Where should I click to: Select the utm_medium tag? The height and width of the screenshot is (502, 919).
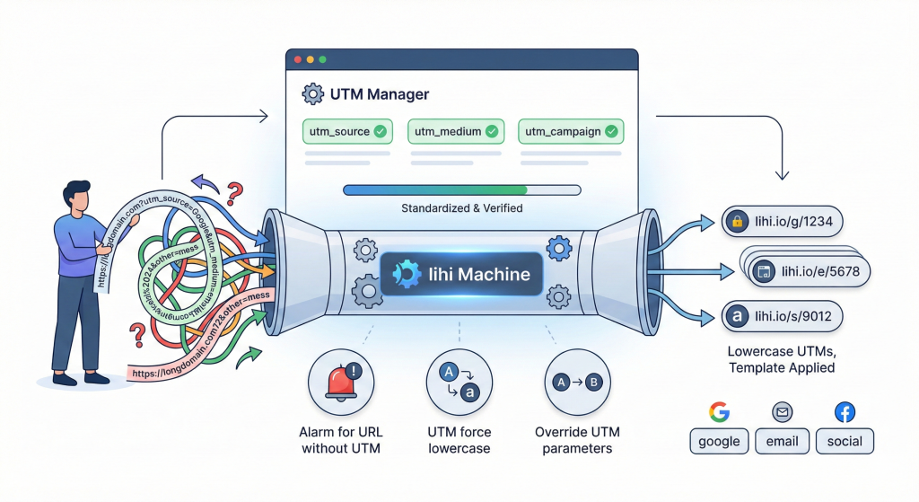tap(455, 131)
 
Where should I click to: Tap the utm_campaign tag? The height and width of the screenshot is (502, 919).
tap(572, 131)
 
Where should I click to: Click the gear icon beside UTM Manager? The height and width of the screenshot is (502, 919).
tap(313, 93)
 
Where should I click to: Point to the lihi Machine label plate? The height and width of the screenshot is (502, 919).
tap(461, 275)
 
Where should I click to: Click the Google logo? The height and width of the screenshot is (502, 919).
tap(719, 412)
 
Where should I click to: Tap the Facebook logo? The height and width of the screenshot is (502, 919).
tap(845, 412)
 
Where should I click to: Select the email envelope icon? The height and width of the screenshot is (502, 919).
tap(782, 412)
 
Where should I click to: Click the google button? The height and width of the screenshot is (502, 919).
tap(719, 441)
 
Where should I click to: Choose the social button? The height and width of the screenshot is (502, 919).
tap(845, 441)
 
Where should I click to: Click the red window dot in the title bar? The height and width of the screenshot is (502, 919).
tap(297, 59)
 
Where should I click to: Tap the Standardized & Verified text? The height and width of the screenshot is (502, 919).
tap(461, 208)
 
